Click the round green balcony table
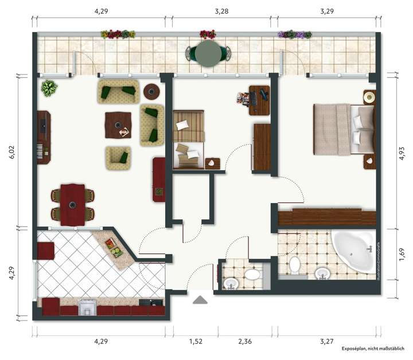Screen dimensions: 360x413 pyautogui.click(x=208, y=53)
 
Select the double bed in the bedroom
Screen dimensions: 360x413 pyautogui.click(x=343, y=130)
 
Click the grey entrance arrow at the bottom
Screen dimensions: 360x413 pyautogui.click(x=200, y=300)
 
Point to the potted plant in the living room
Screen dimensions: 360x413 pyautogui.click(x=49, y=88)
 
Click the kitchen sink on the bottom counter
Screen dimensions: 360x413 pyautogui.click(x=87, y=307)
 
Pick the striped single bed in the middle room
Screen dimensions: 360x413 pyautogui.click(x=188, y=140)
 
